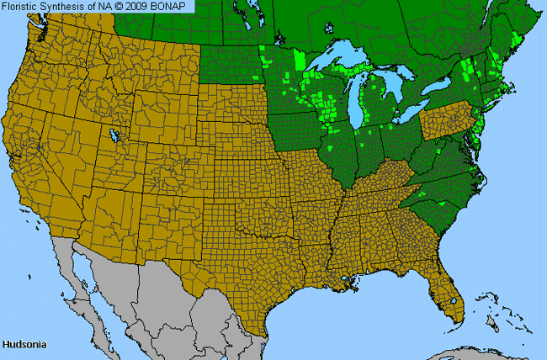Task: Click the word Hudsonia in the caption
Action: (23, 345)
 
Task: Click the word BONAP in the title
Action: (172, 6)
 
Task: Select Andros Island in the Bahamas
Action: (494, 324)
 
